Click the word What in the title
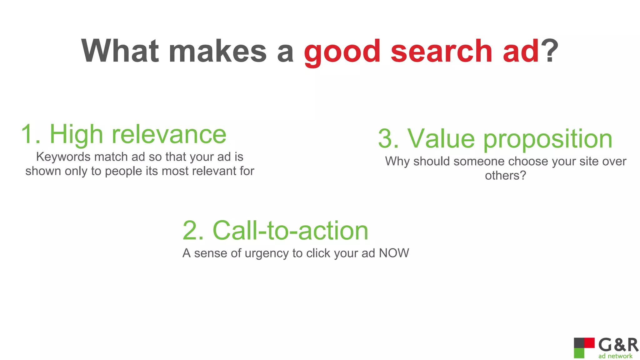[x=120, y=51]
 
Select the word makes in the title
[x=217, y=51]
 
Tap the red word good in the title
[x=342, y=52]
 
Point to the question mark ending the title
[x=549, y=51]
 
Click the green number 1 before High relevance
[x=30, y=134]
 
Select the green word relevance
[x=169, y=134]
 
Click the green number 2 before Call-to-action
[x=193, y=231]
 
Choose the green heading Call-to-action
[x=290, y=231]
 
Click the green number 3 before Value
[x=388, y=139]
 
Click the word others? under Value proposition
[x=505, y=176]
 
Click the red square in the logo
[x=589, y=342]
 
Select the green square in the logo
[x=579, y=353]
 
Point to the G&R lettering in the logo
[x=618, y=345]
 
